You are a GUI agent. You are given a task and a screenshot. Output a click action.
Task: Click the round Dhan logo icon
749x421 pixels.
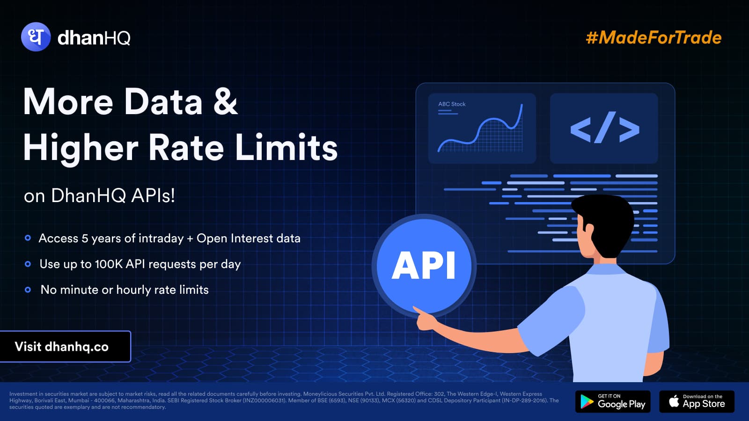pyautogui.click(x=36, y=37)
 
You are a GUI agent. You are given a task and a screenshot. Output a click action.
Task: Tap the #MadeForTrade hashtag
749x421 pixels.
pyautogui.click(x=654, y=37)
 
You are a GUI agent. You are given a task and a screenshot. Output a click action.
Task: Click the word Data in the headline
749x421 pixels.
pyautogui.click(x=163, y=102)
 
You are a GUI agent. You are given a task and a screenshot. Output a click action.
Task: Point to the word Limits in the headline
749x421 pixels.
pyautogui.click(x=286, y=147)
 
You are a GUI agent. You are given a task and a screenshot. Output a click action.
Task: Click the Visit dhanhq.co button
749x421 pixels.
pyautogui.click(x=65, y=347)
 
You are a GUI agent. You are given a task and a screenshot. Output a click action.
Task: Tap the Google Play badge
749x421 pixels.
pyautogui.click(x=613, y=401)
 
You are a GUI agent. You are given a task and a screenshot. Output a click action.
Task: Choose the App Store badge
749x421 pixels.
pyautogui.click(x=697, y=401)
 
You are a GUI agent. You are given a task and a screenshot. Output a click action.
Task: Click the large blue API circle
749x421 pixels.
pyautogui.click(x=424, y=266)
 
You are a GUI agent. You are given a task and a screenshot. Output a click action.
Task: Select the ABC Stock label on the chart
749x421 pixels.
pyautogui.click(x=452, y=104)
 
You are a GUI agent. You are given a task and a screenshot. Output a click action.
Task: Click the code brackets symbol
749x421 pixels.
pyautogui.click(x=604, y=128)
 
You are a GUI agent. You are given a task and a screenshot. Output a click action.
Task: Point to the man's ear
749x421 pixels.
pyautogui.click(x=588, y=231)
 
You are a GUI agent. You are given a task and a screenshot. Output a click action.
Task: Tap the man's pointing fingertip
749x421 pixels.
pyautogui.click(x=415, y=308)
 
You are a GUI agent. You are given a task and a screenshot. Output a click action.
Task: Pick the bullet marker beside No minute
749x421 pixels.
pyautogui.click(x=28, y=290)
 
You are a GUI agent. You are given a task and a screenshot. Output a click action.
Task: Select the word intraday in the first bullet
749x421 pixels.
pyautogui.click(x=161, y=238)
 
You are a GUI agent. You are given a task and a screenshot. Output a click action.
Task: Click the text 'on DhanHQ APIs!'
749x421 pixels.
pyautogui.click(x=99, y=196)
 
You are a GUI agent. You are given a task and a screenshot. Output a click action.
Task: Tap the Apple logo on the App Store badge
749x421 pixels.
pyautogui.click(x=674, y=400)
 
